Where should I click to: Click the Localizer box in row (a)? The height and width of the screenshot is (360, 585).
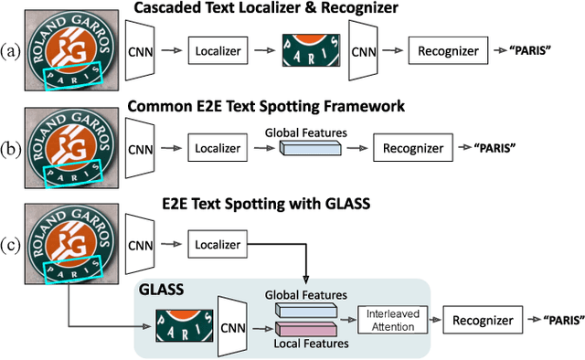(x=217, y=51)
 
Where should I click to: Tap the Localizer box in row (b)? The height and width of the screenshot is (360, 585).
(x=217, y=148)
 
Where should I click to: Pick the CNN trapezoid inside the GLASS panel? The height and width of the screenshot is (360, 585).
(x=235, y=321)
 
